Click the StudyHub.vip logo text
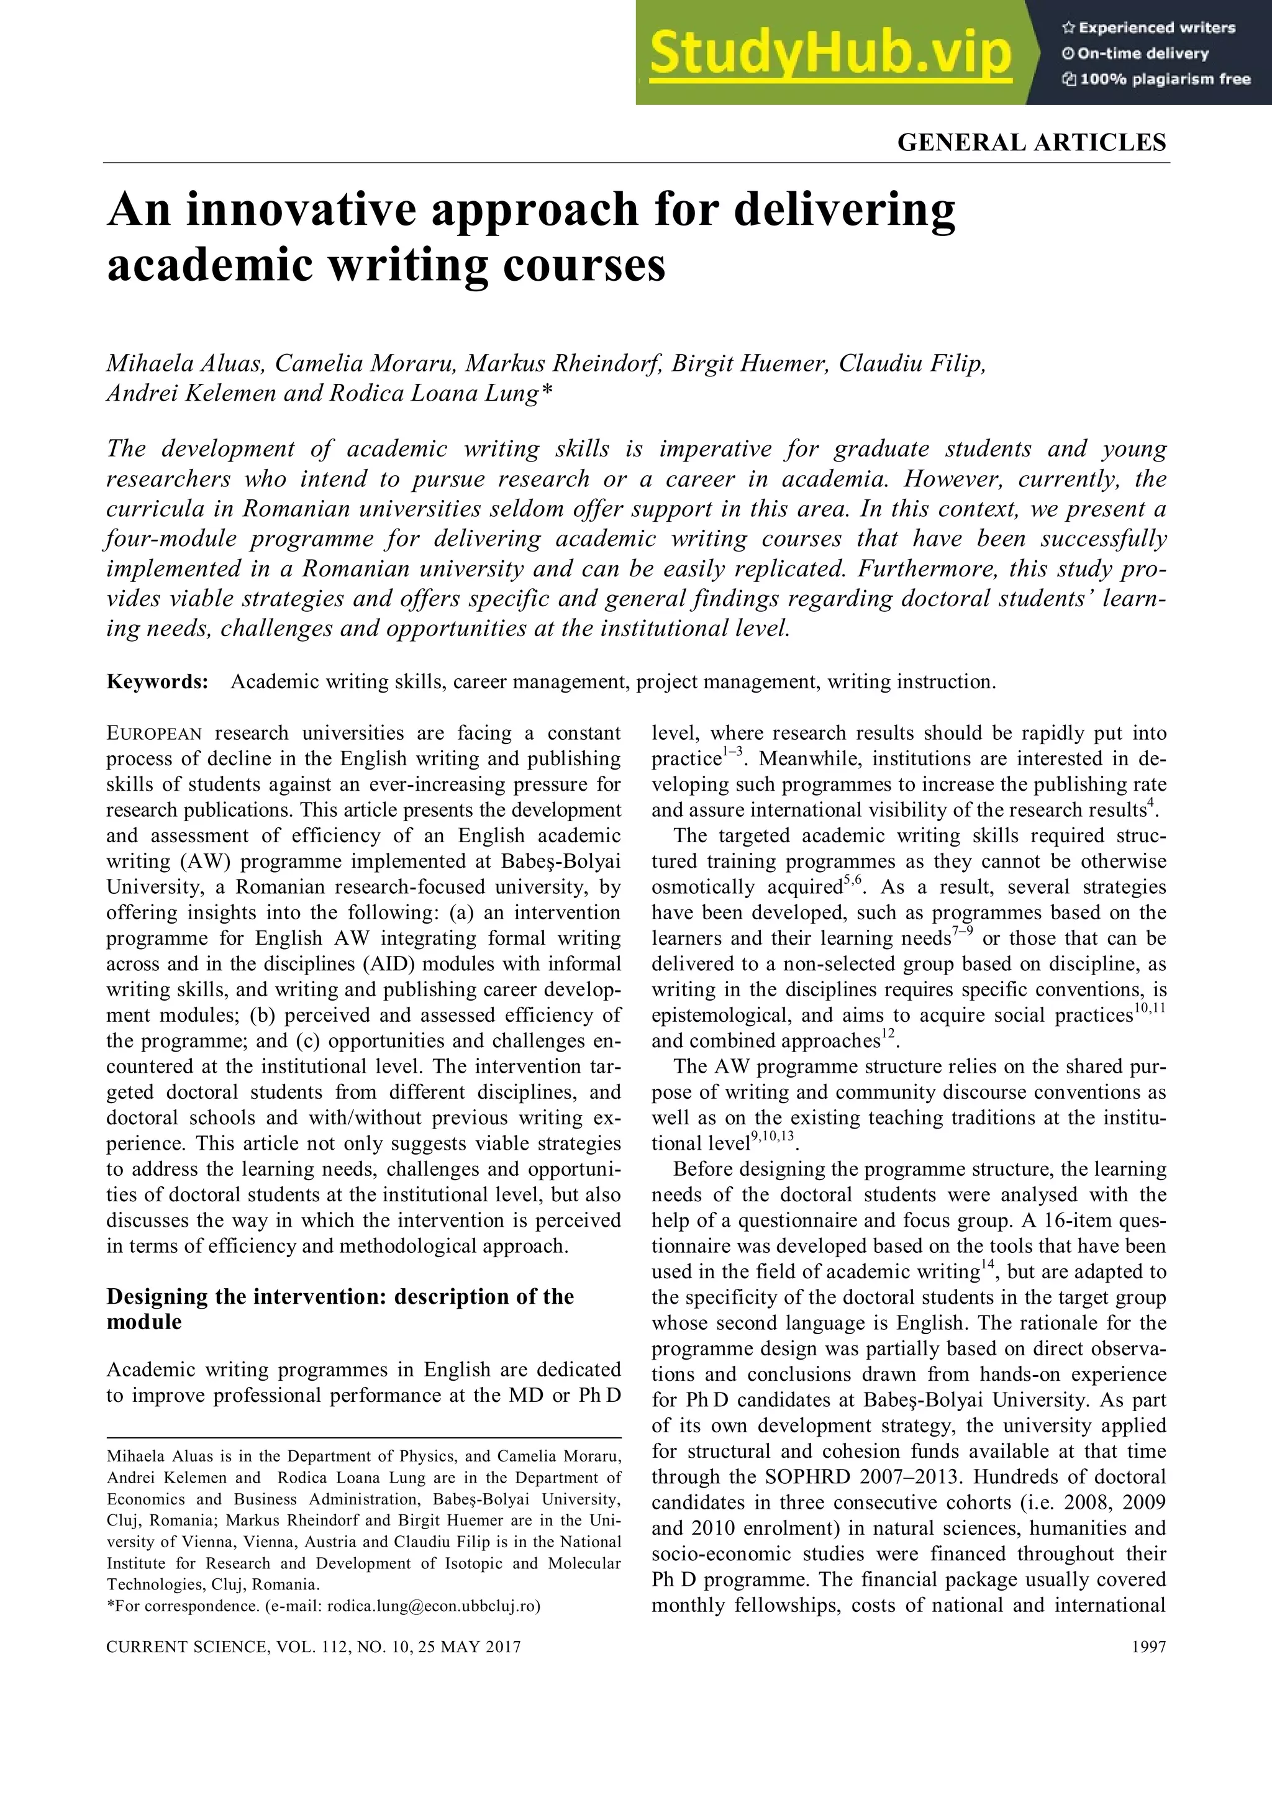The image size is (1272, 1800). (831, 53)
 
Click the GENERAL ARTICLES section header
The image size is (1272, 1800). (1032, 143)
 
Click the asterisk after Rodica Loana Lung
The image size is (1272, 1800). (547, 391)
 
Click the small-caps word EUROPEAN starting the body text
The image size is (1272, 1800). (155, 734)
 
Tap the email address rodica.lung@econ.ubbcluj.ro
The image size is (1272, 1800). (433, 1606)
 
